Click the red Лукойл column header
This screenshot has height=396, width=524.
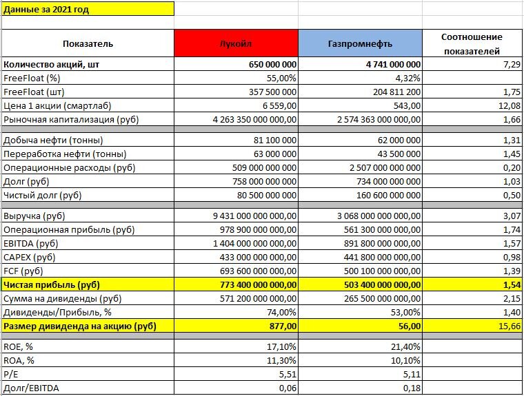pyautogui.click(x=235, y=43)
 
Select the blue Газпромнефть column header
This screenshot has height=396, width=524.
pyautogui.click(x=360, y=43)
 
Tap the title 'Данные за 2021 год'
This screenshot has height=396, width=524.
pyautogui.click(x=47, y=10)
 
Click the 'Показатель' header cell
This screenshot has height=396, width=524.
pyautogui.click(x=88, y=43)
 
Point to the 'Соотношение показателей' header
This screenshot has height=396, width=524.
pyautogui.click(x=473, y=43)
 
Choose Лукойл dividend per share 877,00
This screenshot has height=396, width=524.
pyautogui.click(x=282, y=326)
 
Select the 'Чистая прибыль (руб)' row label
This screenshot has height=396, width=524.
pyautogui.click(x=51, y=284)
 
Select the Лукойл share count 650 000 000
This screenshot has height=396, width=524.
pyautogui.click(x=272, y=64)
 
